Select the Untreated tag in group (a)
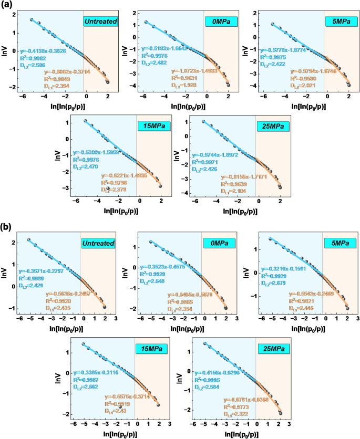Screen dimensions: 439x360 [x=100, y=22]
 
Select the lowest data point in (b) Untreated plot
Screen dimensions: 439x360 [x=105, y=307]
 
